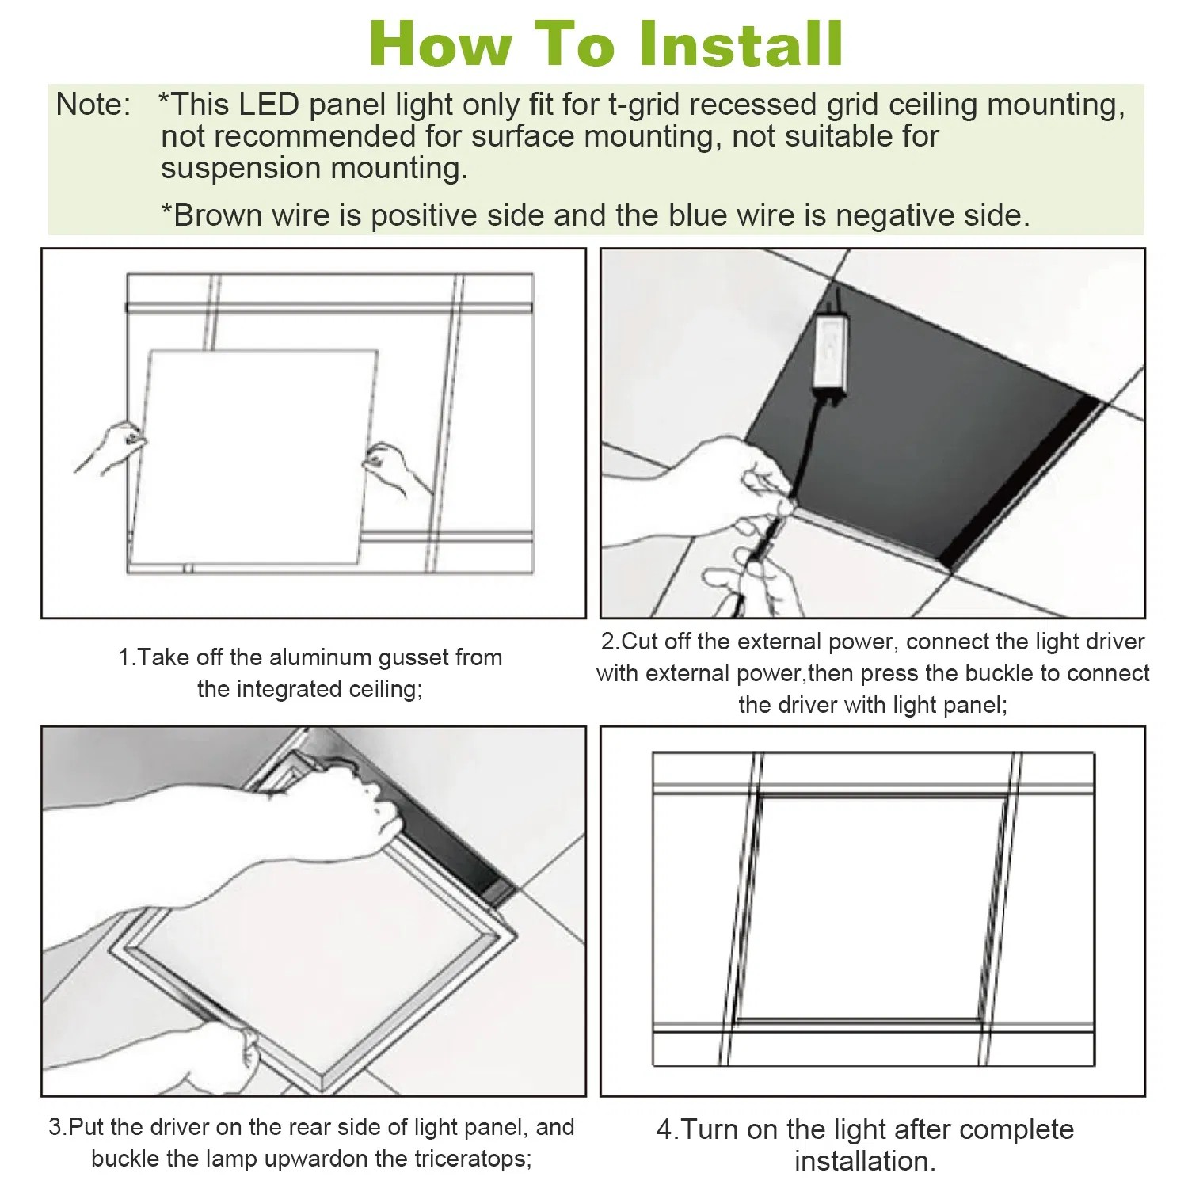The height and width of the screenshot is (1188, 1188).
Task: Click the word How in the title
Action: click(x=440, y=44)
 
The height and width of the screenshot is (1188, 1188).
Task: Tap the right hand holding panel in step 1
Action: click(x=392, y=467)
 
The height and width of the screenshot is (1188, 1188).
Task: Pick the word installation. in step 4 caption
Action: click(x=865, y=1162)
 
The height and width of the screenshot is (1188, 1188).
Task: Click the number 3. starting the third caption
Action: click(x=58, y=1127)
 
